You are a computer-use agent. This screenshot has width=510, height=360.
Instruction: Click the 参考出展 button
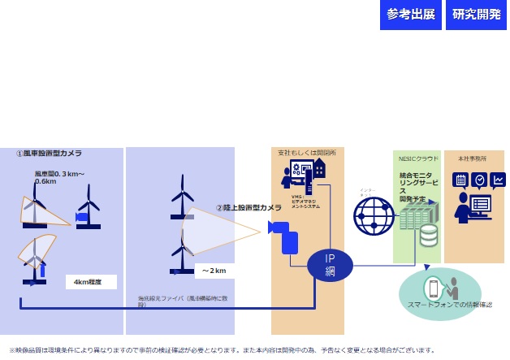point(411,15)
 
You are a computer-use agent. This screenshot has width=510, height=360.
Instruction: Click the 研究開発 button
point(476,15)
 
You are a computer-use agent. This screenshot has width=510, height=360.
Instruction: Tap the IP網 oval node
point(330,266)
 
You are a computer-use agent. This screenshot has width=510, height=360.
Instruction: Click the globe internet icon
point(373,216)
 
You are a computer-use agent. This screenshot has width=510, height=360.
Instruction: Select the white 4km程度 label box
point(90,282)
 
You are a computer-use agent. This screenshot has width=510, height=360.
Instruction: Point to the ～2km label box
point(215,271)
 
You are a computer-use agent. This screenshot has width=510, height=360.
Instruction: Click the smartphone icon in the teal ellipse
point(434,288)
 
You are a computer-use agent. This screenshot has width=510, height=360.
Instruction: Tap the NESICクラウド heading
point(417,158)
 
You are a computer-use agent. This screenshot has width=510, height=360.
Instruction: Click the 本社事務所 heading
point(473,158)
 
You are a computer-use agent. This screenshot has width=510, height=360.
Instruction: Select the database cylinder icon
point(428,236)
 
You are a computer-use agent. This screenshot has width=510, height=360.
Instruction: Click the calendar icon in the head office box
point(460,180)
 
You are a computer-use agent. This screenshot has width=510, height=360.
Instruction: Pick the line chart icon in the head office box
point(497,180)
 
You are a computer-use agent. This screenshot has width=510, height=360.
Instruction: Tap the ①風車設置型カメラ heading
point(49,153)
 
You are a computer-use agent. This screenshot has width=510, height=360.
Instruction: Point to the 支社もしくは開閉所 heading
point(306,153)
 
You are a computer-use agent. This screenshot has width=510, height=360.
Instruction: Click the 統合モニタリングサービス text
point(416,186)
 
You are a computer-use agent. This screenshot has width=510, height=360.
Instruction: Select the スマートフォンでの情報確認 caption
point(439,305)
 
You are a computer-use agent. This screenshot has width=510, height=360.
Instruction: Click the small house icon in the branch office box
point(319,168)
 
